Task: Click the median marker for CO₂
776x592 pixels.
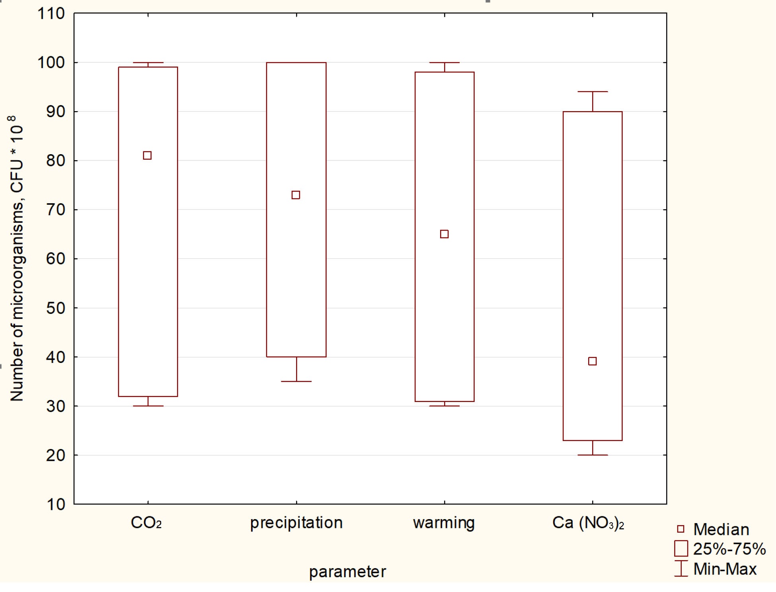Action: click(x=147, y=155)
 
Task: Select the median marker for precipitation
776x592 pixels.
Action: click(x=296, y=195)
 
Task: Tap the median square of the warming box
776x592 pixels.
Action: click(x=445, y=234)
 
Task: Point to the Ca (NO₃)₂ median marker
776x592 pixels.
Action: click(x=592, y=361)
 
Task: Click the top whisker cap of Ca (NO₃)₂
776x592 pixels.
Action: click(x=593, y=92)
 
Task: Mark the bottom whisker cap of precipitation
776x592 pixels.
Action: click(x=296, y=381)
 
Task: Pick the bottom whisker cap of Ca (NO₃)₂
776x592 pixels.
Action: click(x=593, y=455)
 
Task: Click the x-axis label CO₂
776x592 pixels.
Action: click(x=146, y=523)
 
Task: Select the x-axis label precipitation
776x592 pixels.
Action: click(x=296, y=523)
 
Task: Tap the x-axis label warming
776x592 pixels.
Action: click(x=444, y=523)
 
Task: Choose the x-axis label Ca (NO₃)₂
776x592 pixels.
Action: click(x=588, y=523)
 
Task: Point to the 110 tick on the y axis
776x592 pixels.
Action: click(x=51, y=14)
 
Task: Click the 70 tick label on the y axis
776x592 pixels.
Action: click(x=55, y=210)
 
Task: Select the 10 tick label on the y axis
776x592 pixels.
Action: click(x=55, y=504)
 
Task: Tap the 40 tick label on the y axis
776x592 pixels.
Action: click(x=55, y=357)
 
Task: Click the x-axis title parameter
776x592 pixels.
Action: click(x=347, y=572)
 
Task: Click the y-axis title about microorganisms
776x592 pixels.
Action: click(x=17, y=259)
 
